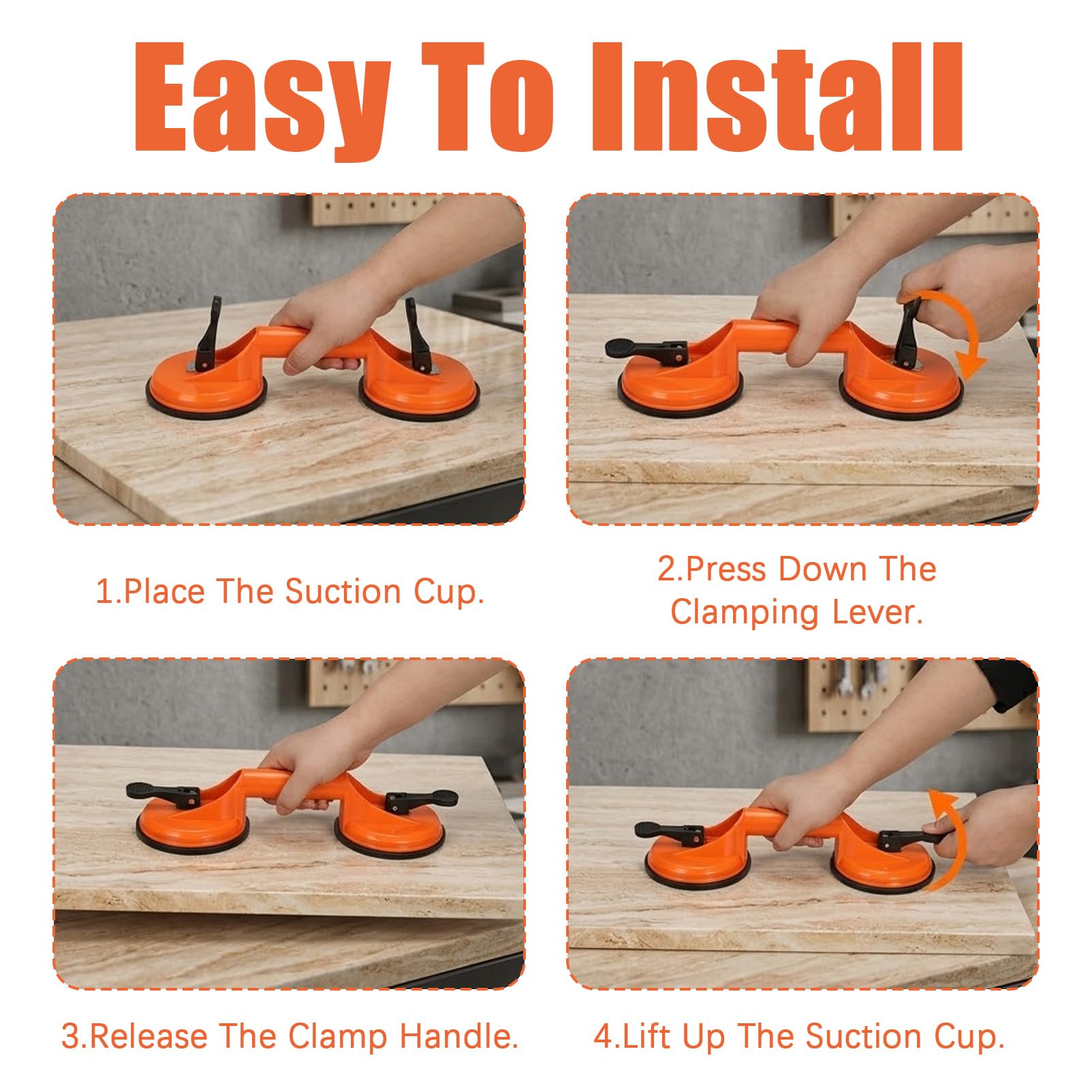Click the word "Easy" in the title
(x=262, y=98)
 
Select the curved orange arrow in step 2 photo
(x=954, y=334)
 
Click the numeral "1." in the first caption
(x=108, y=591)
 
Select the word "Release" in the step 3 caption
(x=148, y=1036)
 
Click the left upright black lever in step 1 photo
(x=208, y=332)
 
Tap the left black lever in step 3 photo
(x=163, y=793)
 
